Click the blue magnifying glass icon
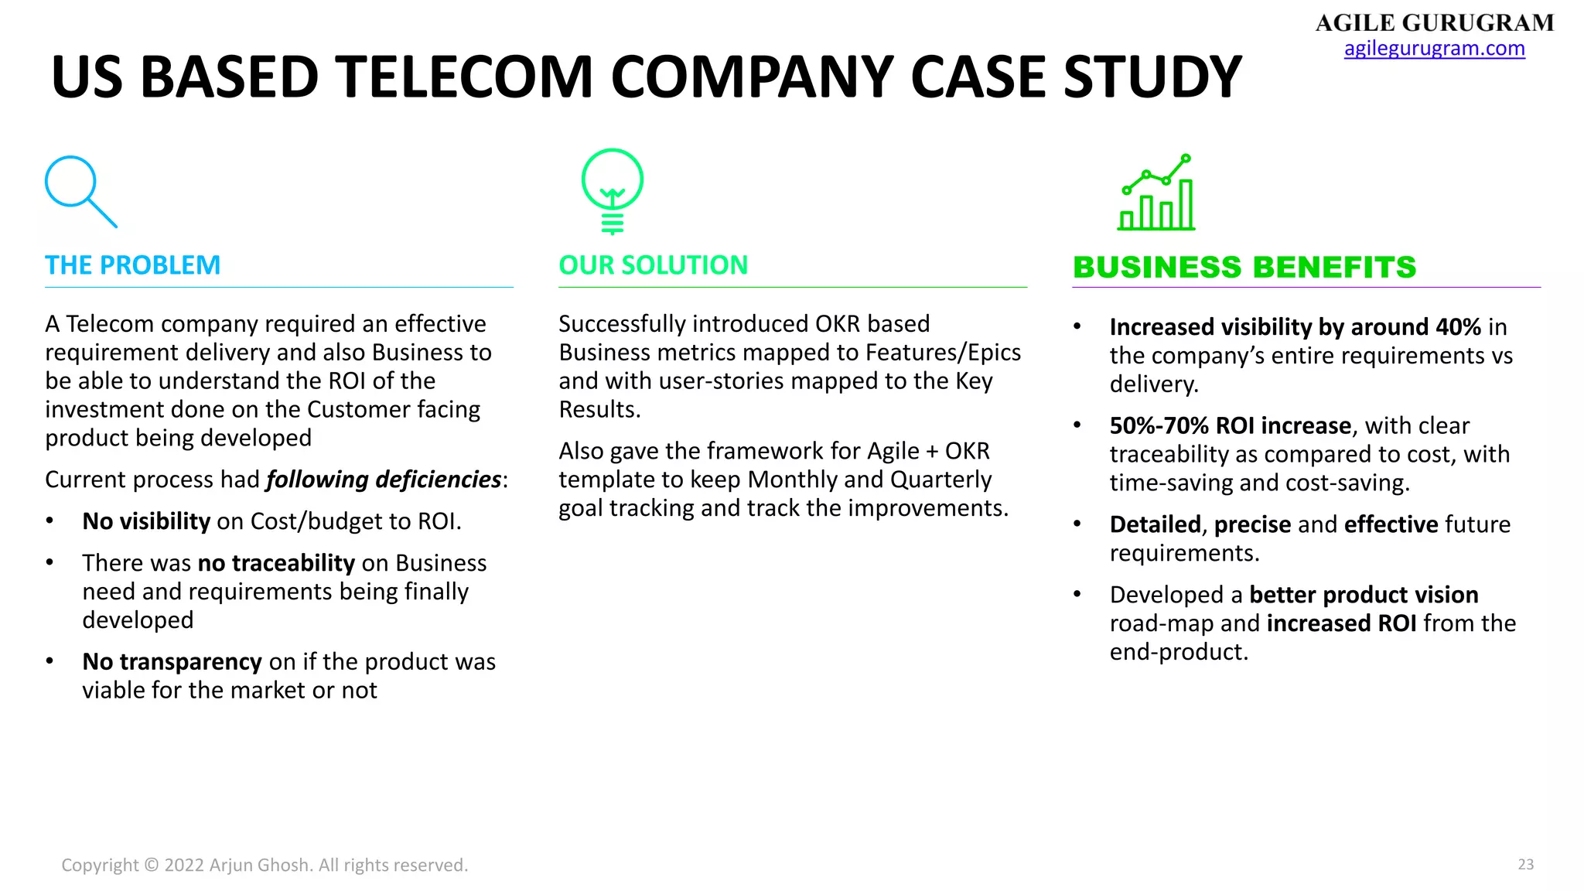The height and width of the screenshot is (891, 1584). tap(80, 191)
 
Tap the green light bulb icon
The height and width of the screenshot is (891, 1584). tap(613, 189)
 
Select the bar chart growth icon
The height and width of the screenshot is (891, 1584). tap(1156, 193)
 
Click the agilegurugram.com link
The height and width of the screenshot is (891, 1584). tap(1434, 49)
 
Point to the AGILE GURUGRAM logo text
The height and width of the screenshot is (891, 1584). tap(1434, 23)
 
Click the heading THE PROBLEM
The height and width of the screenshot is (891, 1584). tap(132, 265)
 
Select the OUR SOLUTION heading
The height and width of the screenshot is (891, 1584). tap(653, 265)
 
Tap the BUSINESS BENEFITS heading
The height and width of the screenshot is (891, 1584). tap(1244, 268)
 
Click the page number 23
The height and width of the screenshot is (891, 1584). tap(1525, 865)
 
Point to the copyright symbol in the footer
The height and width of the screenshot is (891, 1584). tap(152, 865)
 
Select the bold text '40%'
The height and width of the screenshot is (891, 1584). tap(1458, 327)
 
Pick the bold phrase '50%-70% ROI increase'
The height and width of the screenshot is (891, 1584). tap(1230, 426)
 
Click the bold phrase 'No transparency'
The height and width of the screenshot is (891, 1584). tap(172, 662)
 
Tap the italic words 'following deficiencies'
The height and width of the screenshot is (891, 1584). tap(384, 480)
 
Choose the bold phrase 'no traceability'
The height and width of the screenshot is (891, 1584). tap(276, 563)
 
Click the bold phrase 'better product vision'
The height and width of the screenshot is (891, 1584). tap(1364, 595)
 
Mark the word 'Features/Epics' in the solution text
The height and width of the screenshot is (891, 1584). tap(943, 353)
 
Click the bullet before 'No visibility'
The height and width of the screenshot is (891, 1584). tap(50, 521)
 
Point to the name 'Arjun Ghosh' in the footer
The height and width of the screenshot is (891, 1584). tap(259, 865)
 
